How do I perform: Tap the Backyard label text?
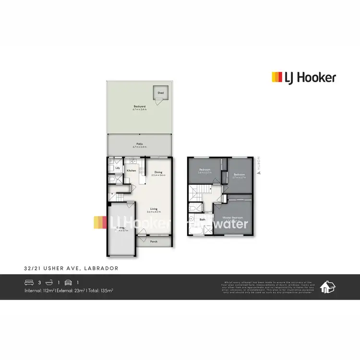coord(139,107)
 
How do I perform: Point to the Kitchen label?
coord(132,170)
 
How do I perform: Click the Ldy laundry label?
coord(117,168)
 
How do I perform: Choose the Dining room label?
coord(158,172)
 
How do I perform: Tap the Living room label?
coord(154,209)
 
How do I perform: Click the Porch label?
coord(154,241)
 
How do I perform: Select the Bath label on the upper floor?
coord(203,220)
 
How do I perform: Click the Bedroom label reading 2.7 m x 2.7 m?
coord(239,175)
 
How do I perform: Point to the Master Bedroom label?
coord(232,218)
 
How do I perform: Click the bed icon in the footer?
coord(29,282)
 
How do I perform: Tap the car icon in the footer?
coord(68,282)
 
